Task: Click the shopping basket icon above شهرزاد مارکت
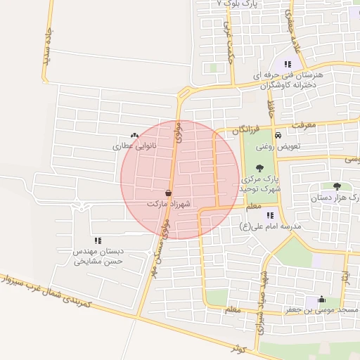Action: [169, 193]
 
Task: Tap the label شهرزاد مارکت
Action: [169, 203]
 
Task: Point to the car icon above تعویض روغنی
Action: [278, 135]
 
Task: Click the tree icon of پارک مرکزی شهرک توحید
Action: [260, 168]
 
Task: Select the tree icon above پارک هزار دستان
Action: [337, 187]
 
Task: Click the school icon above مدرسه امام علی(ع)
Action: [270, 215]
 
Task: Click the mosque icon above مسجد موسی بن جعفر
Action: [322, 299]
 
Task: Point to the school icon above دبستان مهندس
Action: [98, 240]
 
